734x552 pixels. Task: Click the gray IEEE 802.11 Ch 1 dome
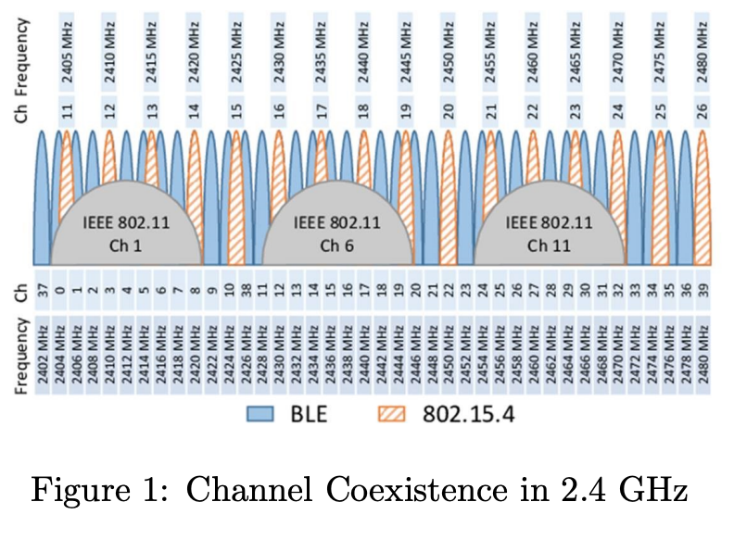coord(126,232)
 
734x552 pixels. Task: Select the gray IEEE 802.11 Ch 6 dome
coord(337,232)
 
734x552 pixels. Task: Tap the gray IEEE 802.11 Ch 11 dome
coord(550,232)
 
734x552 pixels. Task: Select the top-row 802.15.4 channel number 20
coord(449,111)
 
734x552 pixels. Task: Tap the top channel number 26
coord(702,111)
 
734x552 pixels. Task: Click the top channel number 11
coord(68,111)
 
